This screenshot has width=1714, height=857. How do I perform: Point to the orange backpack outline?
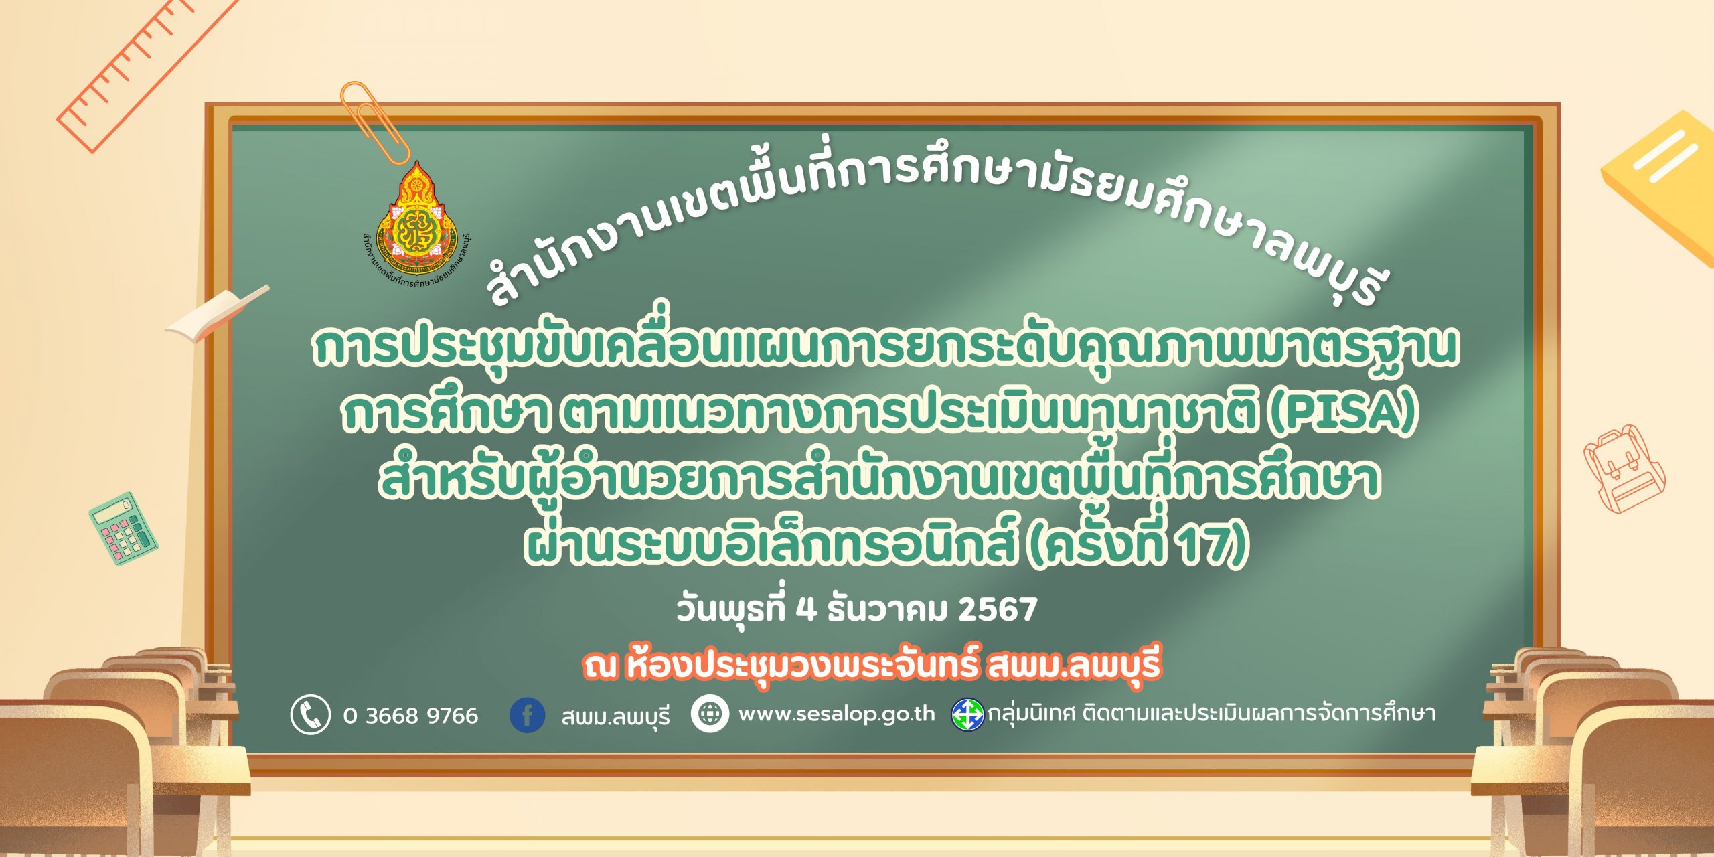coord(1624,468)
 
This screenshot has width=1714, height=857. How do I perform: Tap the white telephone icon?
coord(310,714)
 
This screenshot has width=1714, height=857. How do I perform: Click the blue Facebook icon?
coord(527,715)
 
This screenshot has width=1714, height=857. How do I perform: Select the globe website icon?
coord(710,714)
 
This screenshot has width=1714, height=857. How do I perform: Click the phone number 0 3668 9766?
coord(410,716)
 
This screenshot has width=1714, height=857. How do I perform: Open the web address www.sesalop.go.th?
coord(836,714)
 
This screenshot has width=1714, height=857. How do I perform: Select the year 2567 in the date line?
coord(998,609)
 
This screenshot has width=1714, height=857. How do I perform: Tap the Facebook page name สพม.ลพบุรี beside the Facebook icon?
coord(615,717)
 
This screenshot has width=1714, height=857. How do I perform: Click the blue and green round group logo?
coord(967,714)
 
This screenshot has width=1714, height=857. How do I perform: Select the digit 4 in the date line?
coord(807,609)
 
